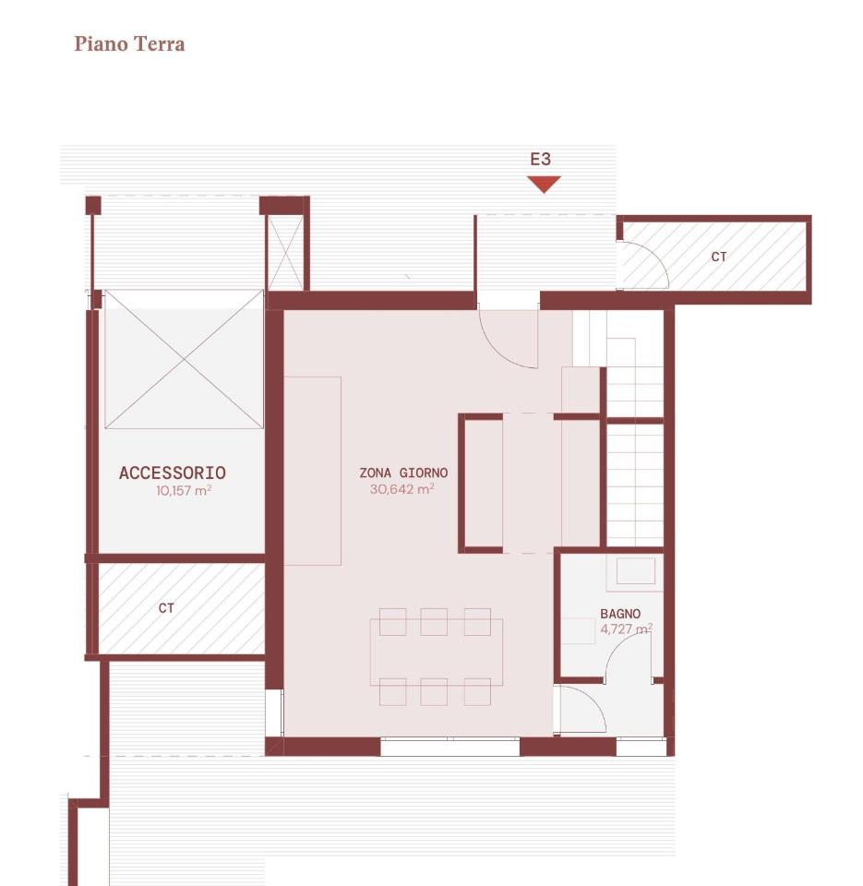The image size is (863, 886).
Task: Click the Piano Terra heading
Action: tap(129, 44)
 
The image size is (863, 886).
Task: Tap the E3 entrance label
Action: tap(540, 160)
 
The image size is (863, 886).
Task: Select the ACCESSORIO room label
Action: tap(173, 473)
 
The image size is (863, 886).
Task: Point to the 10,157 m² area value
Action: tap(184, 490)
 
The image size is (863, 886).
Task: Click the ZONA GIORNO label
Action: tap(403, 473)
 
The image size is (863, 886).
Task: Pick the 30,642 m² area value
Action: tap(402, 489)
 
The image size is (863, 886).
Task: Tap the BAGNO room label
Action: tap(620, 614)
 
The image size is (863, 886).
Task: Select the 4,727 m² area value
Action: tap(626, 629)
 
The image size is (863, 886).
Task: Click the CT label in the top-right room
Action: tap(719, 257)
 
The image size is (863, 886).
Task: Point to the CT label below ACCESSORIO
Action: tap(166, 608)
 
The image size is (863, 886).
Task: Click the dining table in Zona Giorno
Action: tap(437, 653)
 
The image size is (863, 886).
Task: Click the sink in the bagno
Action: tap(635, 570)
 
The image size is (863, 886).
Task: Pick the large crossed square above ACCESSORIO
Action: tap(185, 359)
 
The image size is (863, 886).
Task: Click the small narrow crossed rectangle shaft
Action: tap(285, 253)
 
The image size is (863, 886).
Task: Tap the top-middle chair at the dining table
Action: tap(434, 621)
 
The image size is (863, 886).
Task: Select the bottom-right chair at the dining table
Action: tap(477, 691)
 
